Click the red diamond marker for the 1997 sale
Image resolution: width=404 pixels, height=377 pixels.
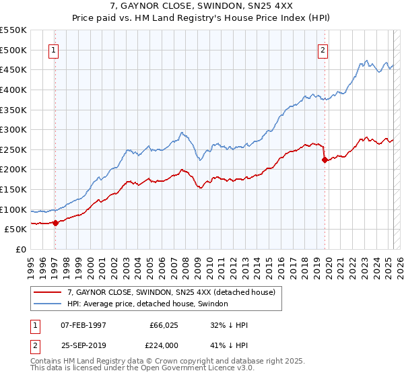55,223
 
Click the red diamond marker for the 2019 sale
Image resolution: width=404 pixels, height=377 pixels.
325,160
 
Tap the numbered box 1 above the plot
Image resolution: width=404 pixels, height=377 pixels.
53,49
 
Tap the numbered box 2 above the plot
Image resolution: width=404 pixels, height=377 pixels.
323,49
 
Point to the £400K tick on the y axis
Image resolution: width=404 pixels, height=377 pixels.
14,90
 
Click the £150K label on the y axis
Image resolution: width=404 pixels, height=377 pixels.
14,189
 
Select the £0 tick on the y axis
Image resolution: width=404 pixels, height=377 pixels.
21,249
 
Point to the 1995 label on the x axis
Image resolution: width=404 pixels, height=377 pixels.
30,263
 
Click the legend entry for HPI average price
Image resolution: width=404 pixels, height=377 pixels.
147,304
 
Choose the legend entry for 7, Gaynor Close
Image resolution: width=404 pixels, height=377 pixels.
171,293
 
